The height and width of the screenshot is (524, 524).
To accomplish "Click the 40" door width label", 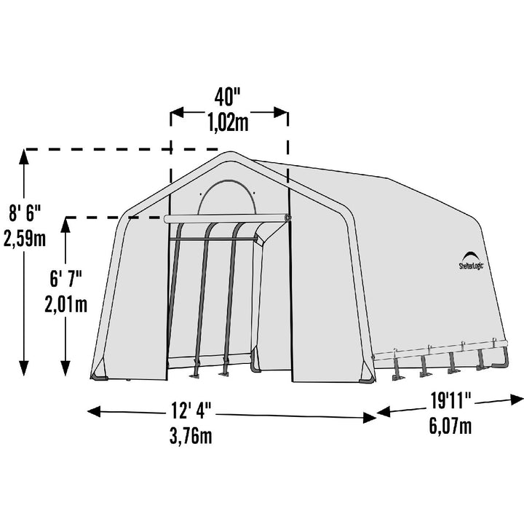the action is pyautogui.click(x=227, y=96).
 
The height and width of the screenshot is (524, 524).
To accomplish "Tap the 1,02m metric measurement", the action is pyautogui.click(x=229, y=123).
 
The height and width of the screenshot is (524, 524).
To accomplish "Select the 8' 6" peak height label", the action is pyautogui.click(x=25, y=213).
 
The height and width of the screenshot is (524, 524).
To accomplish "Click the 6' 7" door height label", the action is pyautogui.click(x=66, y=279).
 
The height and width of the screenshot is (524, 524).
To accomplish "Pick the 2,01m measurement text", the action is pyautogui.click(x=66, y=304).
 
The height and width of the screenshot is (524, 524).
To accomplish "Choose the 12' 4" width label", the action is pyautogui.click(x=191, y=410).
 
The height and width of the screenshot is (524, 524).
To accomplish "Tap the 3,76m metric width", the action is pyautogui.click(x=191, y=436).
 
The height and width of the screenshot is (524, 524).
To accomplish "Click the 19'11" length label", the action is pyautogui.click(x=450, y=401).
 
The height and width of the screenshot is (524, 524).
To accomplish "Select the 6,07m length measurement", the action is pyautogui.click(x=450, y=426).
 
